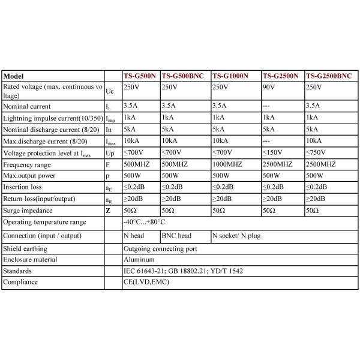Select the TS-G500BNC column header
183,77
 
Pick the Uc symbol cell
109,92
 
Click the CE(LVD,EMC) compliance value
146,282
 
